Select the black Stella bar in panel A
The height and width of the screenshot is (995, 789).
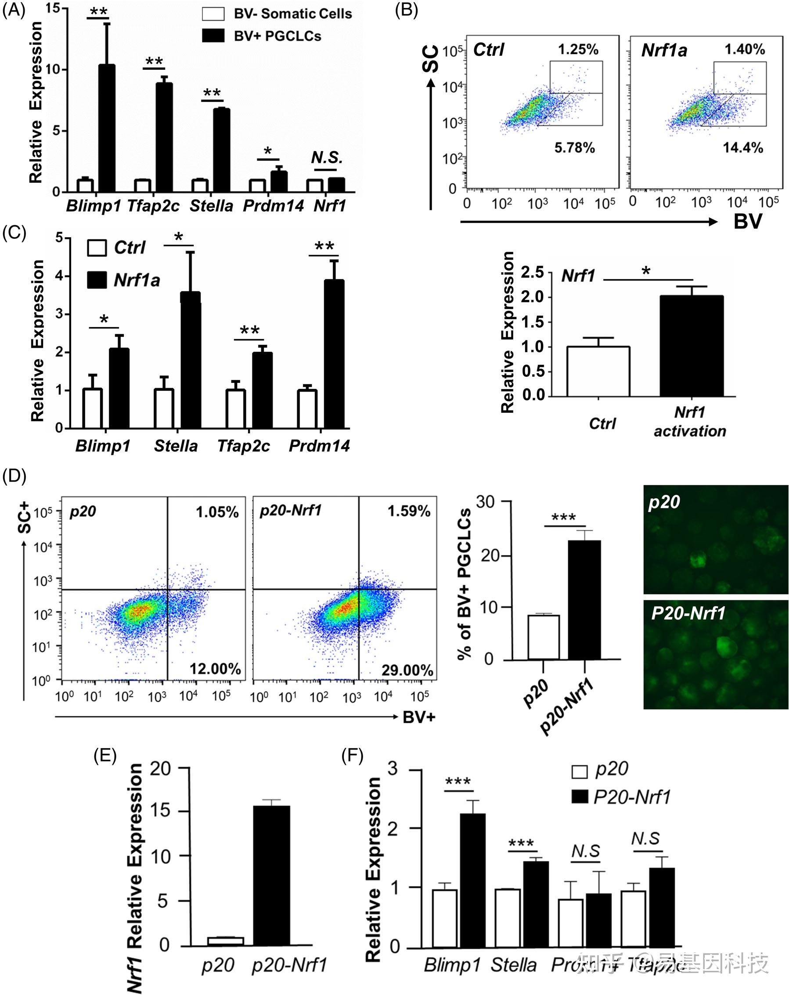tap(221, 151)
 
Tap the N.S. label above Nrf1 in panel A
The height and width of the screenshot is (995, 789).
tap(327, 158)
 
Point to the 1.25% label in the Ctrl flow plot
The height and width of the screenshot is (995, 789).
tap(578, 49)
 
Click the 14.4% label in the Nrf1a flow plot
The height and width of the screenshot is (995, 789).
tap(742, 148)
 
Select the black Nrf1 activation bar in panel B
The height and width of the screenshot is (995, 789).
tap(691, 346)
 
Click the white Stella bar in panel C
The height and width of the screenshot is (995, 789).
tap(164, 408)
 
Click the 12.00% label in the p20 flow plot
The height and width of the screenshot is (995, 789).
tap(215, 669)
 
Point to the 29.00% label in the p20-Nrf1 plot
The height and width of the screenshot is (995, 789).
tap(407, 670)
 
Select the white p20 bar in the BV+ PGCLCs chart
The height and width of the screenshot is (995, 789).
tap(544, 637)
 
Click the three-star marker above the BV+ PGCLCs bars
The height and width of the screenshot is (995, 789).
tap(563, 517)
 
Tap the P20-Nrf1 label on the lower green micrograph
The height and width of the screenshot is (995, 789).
tap(688, 613)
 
